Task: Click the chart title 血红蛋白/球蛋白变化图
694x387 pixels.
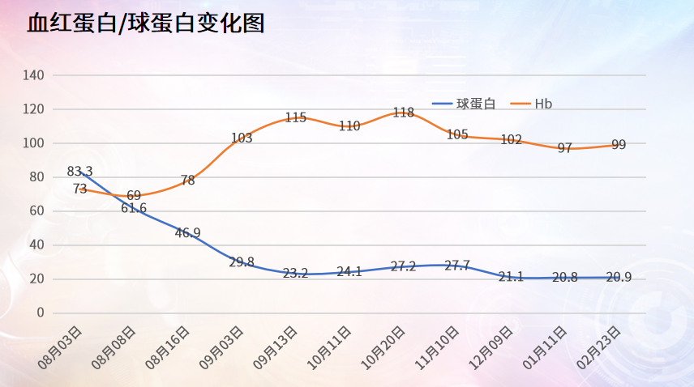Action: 146,23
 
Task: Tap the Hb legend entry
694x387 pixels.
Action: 543,104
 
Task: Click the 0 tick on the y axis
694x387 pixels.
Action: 40,313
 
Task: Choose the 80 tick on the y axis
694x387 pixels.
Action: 36,177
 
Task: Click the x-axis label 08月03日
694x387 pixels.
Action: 64,347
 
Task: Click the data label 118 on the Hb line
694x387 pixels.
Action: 404,113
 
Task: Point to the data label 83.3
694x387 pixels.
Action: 79,171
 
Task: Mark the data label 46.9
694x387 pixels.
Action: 187,233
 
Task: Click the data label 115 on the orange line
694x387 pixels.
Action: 296,117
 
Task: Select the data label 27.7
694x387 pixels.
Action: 457,266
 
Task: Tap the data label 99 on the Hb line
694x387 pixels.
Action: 619,145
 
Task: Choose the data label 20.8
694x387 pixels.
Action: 565,277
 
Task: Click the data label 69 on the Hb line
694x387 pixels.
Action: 134,195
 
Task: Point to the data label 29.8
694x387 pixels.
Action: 242,262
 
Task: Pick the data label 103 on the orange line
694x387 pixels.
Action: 242,138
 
